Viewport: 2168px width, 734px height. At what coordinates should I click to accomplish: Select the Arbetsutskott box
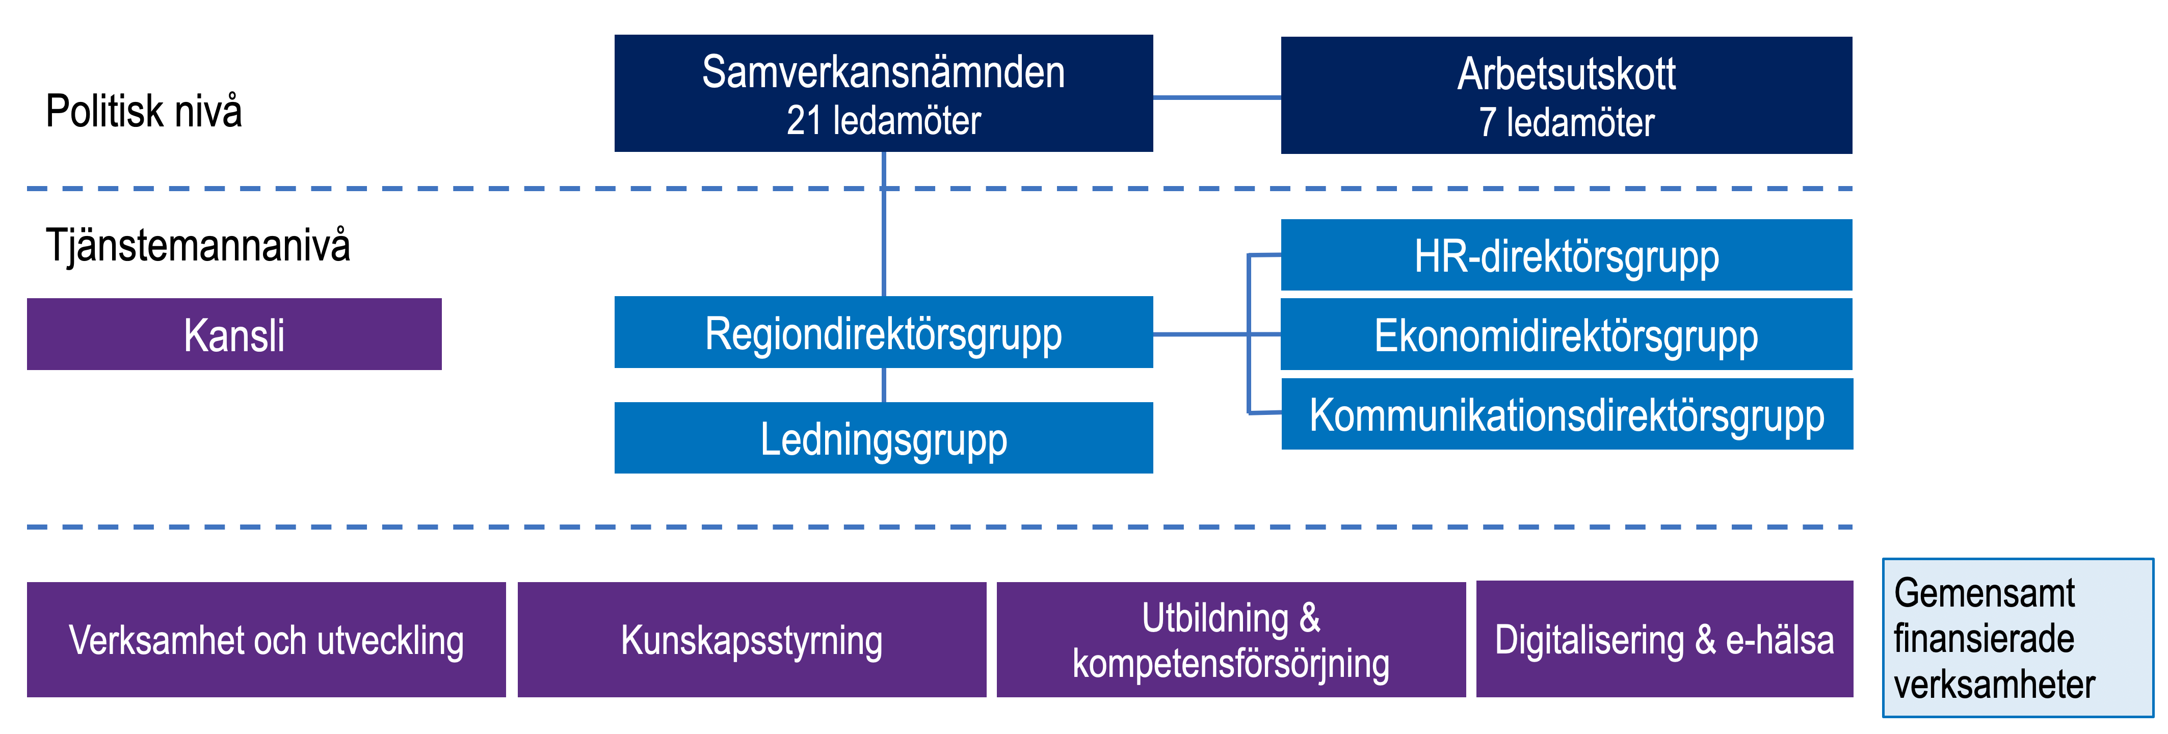pyautogui.click(x=1566, y=95)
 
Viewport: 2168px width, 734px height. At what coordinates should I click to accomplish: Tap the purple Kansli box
pyautogui.click(x=234, y=334)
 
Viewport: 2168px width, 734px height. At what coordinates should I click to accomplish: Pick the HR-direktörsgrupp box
pyautogui.click(x=1566, y=255)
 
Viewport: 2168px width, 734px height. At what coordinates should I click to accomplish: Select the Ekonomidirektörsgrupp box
pyautogui.click(x=1566, y=334)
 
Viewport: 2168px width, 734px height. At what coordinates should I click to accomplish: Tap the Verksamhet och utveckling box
pyautogui.click(x=266, y=640)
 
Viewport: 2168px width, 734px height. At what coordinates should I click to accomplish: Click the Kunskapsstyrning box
pyautogui.click(x=752, y=640)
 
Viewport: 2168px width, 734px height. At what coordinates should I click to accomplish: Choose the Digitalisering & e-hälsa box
pyautogui.click(x=1664, y=639)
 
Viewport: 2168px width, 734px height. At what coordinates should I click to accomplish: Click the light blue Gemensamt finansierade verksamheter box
pyautogui.click(x=2017, y=638)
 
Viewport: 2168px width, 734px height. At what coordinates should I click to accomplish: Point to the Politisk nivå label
pyautogui.click(x=144, y=111)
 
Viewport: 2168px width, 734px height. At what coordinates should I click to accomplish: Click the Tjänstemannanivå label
pyautogui.click(x=198, y=246)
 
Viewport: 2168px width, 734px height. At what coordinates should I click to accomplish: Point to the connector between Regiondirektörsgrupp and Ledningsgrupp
pyautogui.click(x=884, y=385)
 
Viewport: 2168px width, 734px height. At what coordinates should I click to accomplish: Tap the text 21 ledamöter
pyautogui.click(x=884, y=120)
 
